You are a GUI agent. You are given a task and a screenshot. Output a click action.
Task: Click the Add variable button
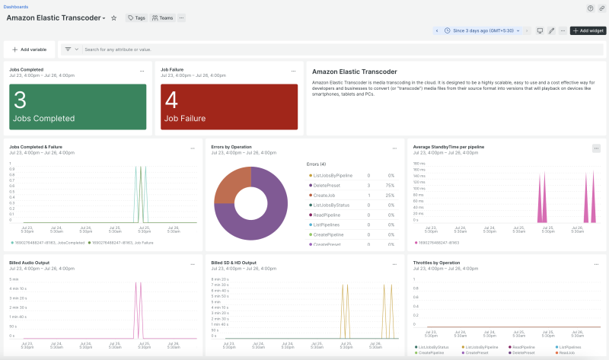pyautogui.click(x=30, y=49)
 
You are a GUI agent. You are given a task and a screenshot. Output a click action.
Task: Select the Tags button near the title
pyautogui.click(x=136, y=18)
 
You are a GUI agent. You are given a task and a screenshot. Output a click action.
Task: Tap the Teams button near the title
pyautogui.click(x=163, y=18)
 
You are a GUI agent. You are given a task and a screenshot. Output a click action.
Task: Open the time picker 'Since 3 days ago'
pyautogui.click(x=482, y=30)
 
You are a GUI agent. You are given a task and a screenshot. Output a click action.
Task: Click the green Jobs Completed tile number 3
pyautogui.click(x=21, y=100)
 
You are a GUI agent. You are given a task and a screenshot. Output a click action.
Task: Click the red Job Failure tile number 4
pyautogui.click(x=171, y=100)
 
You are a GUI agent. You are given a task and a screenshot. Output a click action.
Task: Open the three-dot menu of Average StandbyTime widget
pyautogui.click(x=596, y=148)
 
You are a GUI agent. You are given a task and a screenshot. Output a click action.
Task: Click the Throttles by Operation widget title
pyautogui.click(x=438, y=263)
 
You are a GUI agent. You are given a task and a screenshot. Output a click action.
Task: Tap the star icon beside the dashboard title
pyautogui.click(x=114, y=18)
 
